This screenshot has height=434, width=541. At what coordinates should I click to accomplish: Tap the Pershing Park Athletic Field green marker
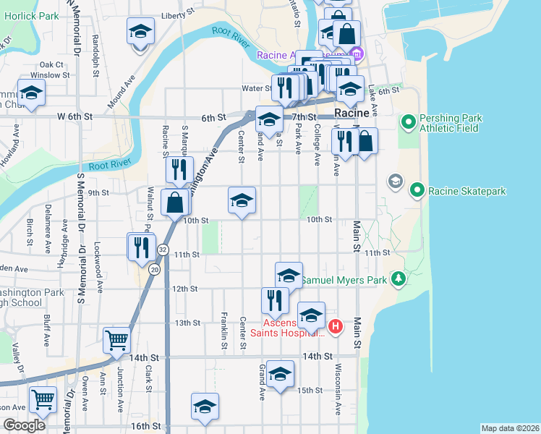click(407, 121)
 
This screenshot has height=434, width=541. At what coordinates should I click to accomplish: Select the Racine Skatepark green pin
click(417, 191)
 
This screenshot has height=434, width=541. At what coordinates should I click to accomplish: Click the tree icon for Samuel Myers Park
click(398, 278)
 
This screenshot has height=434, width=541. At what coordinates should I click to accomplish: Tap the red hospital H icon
click(335, 327)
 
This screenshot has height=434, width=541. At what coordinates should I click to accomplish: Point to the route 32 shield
click(163, 250)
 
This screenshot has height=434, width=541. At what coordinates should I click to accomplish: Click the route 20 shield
click(154, 268)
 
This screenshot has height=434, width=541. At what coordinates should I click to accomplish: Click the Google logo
click(24, 425)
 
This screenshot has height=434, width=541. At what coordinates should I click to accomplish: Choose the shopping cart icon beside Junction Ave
click(116, 340)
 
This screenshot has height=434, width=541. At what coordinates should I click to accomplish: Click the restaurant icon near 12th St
click(275, 299)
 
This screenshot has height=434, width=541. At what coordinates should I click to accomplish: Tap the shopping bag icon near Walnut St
click(174, 203)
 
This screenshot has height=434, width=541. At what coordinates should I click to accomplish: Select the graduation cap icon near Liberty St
click(140, 32)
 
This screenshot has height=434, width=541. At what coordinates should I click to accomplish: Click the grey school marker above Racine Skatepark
click(396, 180)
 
